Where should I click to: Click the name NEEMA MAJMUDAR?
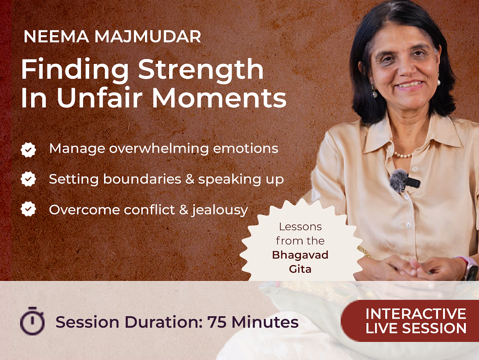pos(112,36)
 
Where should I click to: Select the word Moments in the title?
pos(219,98)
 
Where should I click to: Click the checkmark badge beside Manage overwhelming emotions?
pos(28,149)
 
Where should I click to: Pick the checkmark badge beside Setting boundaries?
pos(28,179)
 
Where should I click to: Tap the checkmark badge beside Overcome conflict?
pos(28,209)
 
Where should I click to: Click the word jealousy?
pos(219,211)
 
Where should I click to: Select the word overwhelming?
pos(158,149)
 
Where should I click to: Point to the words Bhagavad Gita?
pos(300,262)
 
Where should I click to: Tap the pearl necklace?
pos(402,155)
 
